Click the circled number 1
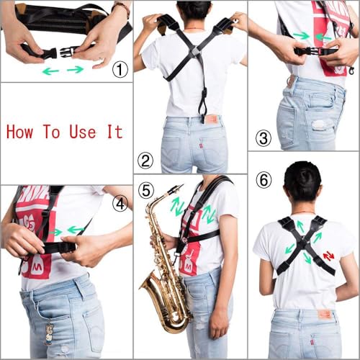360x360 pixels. (120, 70)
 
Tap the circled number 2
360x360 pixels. (146, 161)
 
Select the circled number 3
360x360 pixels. (264, 138)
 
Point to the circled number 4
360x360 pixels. (120, 204)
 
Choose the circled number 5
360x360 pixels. (146, 190)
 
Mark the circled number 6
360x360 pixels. (264, 179)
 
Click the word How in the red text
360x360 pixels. (22, 131)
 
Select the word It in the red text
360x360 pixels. (114, 131)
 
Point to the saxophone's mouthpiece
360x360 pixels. (175, 189)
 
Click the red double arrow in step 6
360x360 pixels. (328, 256)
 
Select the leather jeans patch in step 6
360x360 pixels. (325, 314)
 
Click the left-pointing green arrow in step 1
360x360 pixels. (50, 71)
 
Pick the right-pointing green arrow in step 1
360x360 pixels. (76, 69)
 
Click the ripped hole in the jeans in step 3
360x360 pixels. (319, 125)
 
